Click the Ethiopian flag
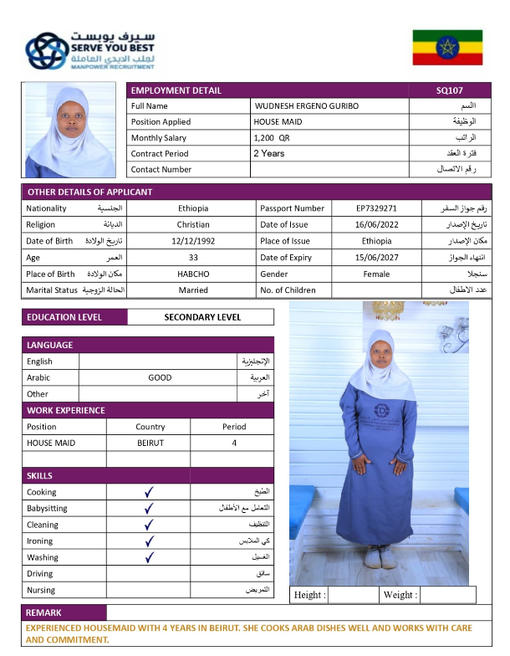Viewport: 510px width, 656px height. point(447,48)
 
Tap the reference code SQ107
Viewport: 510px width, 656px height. point(450,90)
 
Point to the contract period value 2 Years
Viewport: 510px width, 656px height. point(268,154)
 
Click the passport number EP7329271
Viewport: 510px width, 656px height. point(376,208)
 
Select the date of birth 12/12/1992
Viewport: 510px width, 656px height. point(193,241)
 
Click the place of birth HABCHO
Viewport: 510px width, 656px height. point(193,274)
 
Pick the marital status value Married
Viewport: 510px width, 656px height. point(193,290)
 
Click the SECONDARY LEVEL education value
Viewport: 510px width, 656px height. point(202,318)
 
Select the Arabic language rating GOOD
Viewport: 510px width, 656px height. point(160,377)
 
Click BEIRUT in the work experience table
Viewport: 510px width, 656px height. point(150,443)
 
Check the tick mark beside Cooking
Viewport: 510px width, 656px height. point(149,493)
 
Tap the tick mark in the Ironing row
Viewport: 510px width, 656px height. point(149,541)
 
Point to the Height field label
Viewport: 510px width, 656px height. point(309,595)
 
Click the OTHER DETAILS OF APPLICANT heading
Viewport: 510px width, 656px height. point(89,192)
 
